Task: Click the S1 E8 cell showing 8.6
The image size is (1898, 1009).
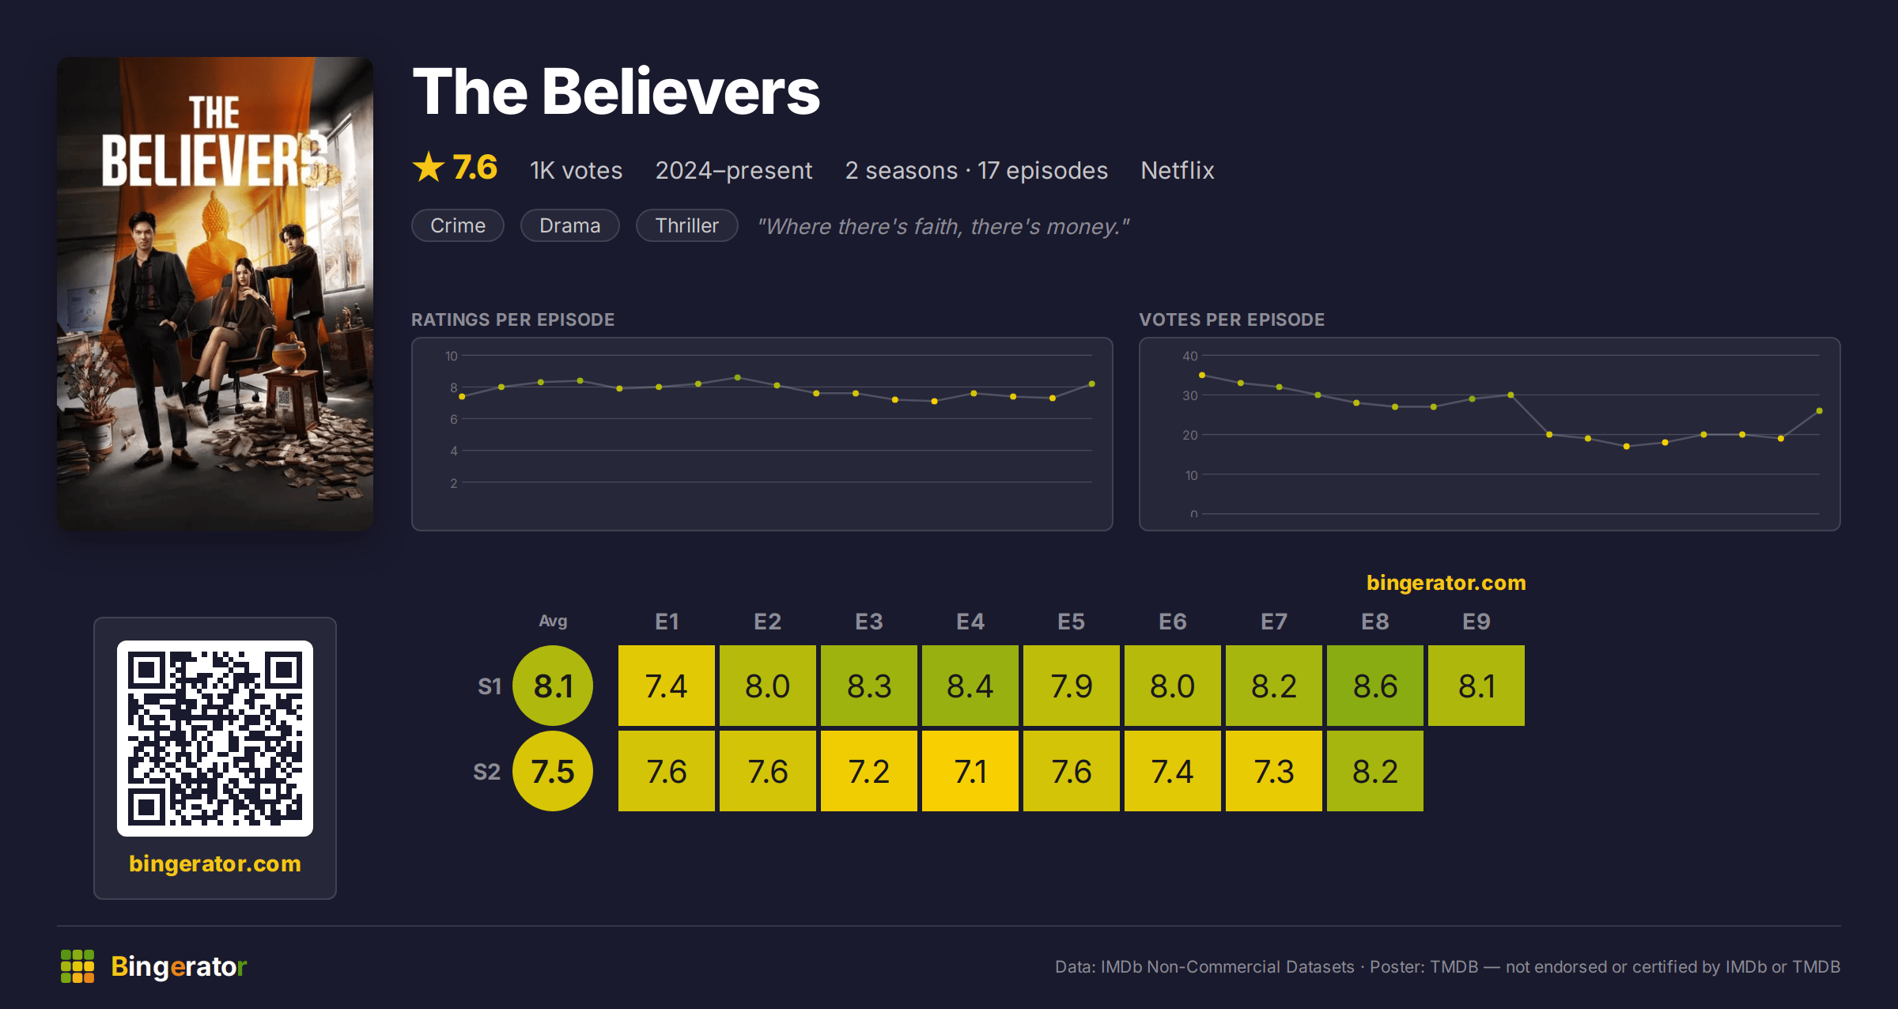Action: point(1375,686)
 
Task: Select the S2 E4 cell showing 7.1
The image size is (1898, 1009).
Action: point(970,771)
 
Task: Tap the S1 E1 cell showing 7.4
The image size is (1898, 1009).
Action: point(667,686)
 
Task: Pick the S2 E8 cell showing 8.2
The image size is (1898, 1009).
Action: point(1375,771)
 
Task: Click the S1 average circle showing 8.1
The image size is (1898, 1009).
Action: point(553,686)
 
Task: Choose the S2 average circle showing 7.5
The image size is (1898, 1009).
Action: point(553,771)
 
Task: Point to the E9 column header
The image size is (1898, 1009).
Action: point(1476,622)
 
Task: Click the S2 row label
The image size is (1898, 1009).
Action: point(487,772)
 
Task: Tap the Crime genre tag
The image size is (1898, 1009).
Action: point(458,225)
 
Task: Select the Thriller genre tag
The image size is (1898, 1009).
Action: point(687,225)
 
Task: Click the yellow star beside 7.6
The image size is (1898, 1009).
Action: point(429,167)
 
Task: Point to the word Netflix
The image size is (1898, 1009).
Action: point(1177,170)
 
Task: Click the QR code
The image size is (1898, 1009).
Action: point(215,739)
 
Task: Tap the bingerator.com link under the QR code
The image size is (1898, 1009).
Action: point(215,864)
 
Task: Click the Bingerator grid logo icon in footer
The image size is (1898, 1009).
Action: point(78,966)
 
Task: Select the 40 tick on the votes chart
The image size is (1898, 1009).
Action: point(1190,356)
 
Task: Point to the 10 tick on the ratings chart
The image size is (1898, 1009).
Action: point(452,356)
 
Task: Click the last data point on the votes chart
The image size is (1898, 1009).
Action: point(1820,410)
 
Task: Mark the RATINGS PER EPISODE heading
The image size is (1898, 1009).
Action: point(512,319)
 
